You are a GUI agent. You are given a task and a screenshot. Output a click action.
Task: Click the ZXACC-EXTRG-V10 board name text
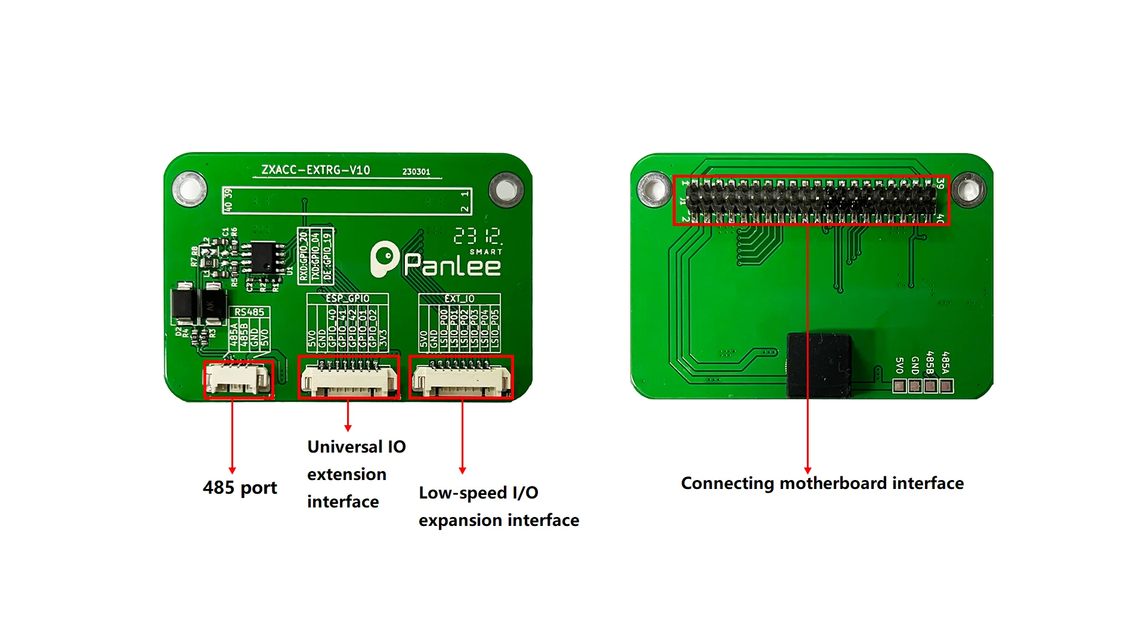(x=315, y=170)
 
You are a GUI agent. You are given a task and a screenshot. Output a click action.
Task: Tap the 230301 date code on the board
(x=416, y=172)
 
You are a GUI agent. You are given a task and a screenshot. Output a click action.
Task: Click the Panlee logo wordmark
(x=451, y=265)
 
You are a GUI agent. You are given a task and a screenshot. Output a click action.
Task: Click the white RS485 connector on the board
(x=238, y=380)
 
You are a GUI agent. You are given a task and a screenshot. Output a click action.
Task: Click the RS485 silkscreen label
(x=249, y=312)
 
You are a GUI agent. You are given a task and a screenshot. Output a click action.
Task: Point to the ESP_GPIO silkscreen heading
(x=348, y=298)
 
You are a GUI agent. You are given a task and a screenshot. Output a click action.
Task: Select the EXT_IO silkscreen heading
(x=459, y=298)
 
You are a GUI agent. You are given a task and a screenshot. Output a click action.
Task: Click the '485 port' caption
(x=240, y=488)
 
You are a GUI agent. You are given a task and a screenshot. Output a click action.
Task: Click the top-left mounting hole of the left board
(x=190, y=189)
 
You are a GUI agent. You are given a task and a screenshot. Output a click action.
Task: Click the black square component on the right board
(x=819, y=365)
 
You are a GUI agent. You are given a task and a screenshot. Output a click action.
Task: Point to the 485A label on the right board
(x=945, y=362)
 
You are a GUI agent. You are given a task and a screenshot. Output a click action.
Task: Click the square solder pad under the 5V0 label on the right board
(x=899, y=386)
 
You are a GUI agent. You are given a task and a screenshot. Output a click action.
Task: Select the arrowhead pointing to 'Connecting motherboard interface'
(x=808, y=470)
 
